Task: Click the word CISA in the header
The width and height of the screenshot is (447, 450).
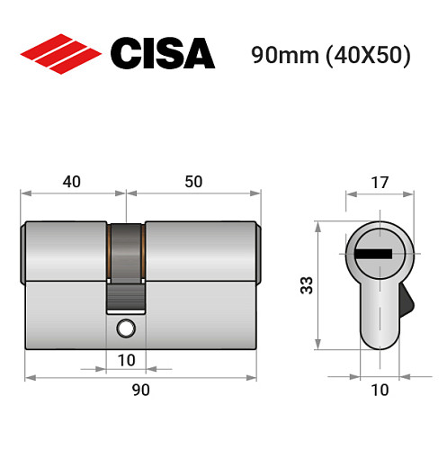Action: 162,54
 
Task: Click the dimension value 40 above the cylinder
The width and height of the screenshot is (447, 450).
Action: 72,182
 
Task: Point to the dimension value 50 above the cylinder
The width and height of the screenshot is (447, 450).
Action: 193,182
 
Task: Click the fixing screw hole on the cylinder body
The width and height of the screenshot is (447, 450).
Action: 125,329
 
